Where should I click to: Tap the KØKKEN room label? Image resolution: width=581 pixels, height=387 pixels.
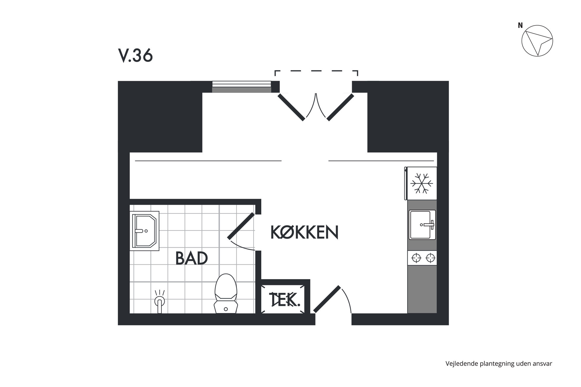[304, 232]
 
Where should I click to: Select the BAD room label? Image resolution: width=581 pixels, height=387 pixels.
[192, 258]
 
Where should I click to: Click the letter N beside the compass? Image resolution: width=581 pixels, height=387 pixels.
[520, 25]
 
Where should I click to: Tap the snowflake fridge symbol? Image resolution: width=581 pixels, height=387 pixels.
[421, 184]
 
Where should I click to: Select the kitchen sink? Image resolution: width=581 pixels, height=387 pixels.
[422, 225]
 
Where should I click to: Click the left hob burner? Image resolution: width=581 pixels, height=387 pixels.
[416, 258]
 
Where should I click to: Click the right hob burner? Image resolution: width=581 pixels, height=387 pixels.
[430, 258]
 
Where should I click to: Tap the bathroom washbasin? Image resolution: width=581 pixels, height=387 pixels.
[144, 231]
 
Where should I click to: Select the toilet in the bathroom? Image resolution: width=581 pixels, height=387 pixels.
[225, 293]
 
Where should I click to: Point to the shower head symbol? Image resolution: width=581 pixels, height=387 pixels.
[159, 302]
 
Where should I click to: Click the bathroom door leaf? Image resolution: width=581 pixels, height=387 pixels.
[241, 226]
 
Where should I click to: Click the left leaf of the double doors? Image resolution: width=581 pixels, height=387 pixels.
[291, 107]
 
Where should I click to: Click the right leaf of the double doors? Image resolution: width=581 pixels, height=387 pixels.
[340, 107]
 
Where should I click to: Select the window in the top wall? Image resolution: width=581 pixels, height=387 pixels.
[242, 87]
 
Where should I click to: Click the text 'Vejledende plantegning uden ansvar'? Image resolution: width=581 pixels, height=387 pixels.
[499, 364]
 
